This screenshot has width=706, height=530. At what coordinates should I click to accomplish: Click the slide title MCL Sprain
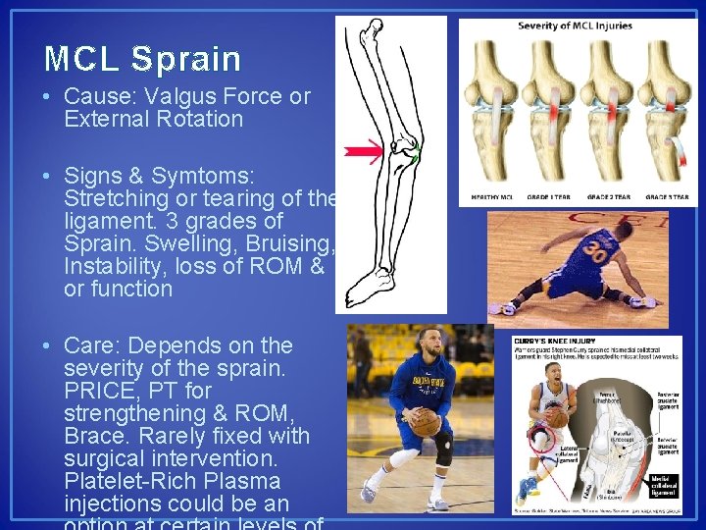(x=143, y=59)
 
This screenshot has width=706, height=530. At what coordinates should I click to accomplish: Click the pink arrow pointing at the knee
(x=363, y=152)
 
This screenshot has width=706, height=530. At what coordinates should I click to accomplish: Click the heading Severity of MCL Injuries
(x=575, y=26)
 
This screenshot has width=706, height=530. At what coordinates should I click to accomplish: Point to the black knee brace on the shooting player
(x=444, y=448)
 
